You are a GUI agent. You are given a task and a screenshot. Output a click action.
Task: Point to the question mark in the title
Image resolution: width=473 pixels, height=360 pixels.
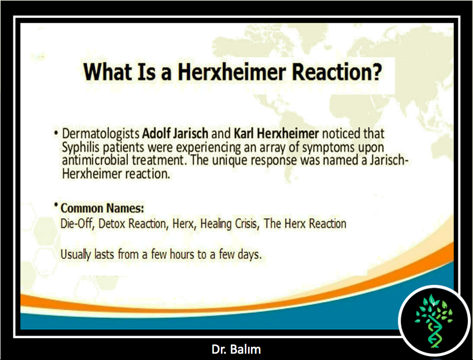[x=376, y=72]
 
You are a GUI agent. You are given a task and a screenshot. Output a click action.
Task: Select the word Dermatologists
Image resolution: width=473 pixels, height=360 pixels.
[x=101, y=134]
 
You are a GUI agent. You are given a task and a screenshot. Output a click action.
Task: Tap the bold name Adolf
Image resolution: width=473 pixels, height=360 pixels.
[x=157, y=133]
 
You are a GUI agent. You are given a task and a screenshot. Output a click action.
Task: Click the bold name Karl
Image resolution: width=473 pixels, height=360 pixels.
[x=245, y=133]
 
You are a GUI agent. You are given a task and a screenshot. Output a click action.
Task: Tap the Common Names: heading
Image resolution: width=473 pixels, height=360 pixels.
[x=102, y=208]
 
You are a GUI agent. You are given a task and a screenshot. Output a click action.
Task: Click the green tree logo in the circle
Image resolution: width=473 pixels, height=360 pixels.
[x=434, y=321]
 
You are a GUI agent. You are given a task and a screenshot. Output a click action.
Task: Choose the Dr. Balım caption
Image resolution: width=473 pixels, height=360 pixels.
[x=236, y=350]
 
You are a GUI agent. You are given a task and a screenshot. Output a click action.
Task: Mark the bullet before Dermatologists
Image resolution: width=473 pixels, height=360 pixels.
[x=56, y=133]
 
